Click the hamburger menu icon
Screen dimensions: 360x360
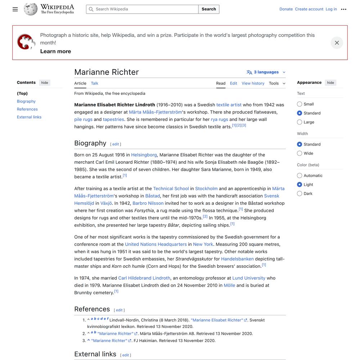(x=15, y=9)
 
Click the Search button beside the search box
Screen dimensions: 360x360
(x=209, y=9)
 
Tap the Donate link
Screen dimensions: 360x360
(x=286, y=9)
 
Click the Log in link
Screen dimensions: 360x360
(x=331, y=9)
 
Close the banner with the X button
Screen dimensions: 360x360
(x=337, y=43)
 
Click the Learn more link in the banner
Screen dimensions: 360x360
(x=55, y=51)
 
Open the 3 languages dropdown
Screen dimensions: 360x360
(x=266, y=72)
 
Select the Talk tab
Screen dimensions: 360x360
(x=94, y=83)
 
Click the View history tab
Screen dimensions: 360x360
(x=253, y=83)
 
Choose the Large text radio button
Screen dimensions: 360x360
(x=300, y=122)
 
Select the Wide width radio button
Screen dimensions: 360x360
(x=300, y=153)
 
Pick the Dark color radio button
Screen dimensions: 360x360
(x=300, y=194)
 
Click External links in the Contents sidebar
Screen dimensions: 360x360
(x=29, y=117)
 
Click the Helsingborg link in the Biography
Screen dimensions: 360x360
(x=144, y=155)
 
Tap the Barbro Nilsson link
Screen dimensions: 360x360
(x=148, y=203)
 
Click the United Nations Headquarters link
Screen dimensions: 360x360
(x=156, y=244)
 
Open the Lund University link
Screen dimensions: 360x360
(x=249, y=278)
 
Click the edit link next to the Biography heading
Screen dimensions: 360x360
(x=116, y=144)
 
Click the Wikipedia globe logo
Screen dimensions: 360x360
(x=31, y=9)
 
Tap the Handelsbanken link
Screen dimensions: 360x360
(x=237, y=259)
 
